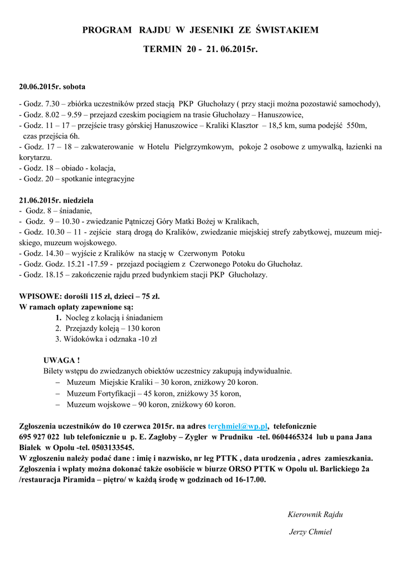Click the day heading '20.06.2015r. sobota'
52,87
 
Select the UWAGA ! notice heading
61,360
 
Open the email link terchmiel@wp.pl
238,426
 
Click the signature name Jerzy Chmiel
310,532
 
